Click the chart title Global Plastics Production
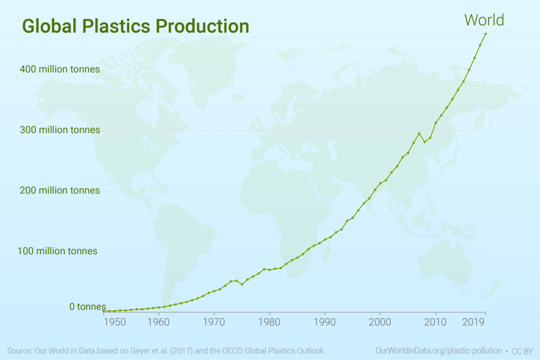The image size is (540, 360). (135, 26)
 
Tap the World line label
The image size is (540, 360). (484, 20)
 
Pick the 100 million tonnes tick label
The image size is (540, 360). (57, 251)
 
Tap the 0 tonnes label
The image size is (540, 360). (88, 306)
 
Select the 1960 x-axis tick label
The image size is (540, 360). (159, 320)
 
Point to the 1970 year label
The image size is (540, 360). (214, 320)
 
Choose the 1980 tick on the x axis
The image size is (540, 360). (269, 320)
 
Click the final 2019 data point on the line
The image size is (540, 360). (486, 34)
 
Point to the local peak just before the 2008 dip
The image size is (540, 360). (419, 133)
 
